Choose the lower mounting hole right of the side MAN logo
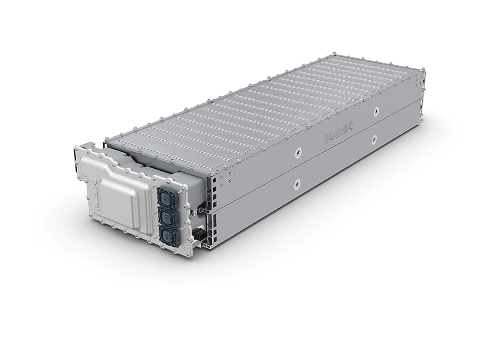click(374, 139)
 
